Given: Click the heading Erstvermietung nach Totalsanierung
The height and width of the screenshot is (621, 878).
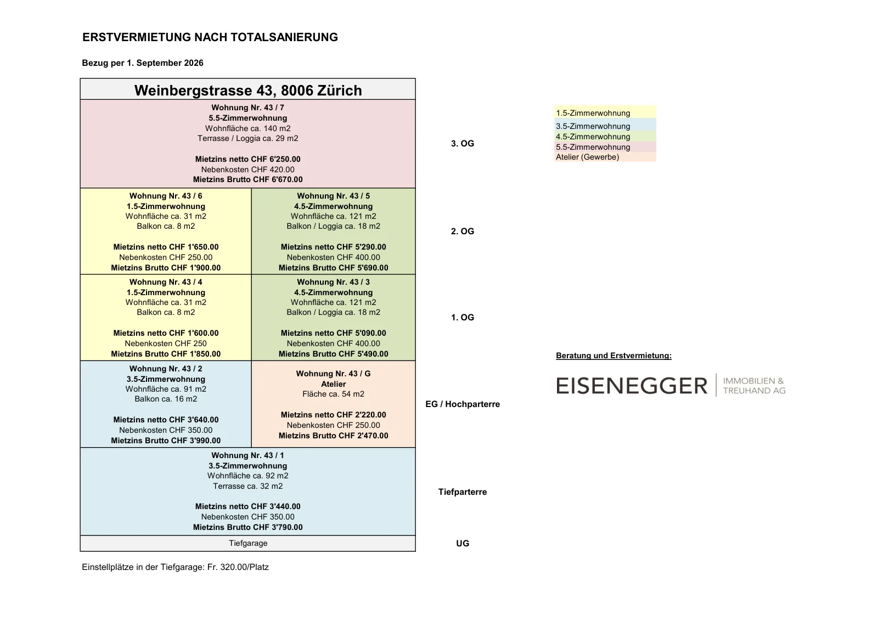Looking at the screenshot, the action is (210, 37).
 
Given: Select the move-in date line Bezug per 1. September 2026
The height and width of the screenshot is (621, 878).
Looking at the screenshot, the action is (143, 63).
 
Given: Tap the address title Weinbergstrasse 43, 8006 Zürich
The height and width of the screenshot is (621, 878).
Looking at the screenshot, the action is (248, 91).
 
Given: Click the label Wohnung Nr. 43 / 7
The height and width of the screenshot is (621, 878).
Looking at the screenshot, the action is (247, 108).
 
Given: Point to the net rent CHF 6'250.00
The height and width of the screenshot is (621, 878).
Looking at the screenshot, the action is (247, 159).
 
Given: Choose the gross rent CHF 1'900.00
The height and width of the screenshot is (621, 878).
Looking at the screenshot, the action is (166, 268).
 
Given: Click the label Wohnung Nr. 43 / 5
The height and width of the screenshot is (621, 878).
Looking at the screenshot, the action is (333, 196).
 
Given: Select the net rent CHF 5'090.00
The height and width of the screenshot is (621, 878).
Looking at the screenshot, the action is (333, 333).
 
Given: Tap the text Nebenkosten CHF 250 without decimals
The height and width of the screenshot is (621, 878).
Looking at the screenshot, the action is (166, 343).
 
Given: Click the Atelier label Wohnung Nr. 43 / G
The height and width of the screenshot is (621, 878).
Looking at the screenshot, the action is (333, 374).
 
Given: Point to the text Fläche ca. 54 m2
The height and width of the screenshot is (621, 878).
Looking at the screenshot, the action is (333, 394).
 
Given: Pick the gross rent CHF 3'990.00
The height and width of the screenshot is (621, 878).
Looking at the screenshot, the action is (166, 441).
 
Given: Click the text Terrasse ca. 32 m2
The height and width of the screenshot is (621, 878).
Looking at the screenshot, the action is (247, 486).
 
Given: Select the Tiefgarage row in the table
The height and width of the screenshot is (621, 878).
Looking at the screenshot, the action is (247, 544).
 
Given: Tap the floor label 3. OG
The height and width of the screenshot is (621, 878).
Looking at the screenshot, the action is (463, 144).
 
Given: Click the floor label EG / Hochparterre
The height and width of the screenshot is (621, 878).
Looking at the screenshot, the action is (463, 404).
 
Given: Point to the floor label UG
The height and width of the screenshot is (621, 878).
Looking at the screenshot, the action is (463, 544).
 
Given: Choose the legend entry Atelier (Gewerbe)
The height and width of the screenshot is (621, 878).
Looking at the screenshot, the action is (588, 157).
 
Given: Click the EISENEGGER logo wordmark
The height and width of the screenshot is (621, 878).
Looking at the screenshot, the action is (632, 386).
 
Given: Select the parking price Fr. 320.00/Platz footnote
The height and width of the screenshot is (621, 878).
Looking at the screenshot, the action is (238, 567).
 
